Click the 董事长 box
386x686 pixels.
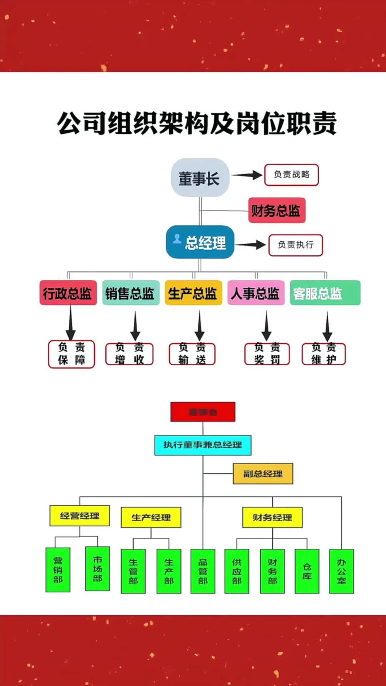[199, 178]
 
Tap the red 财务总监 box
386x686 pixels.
[277, 210]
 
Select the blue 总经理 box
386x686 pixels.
[200, 242]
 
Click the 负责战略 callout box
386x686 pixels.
[291, 175]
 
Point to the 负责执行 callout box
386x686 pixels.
[296, 245]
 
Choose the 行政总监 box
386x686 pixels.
[68, 293]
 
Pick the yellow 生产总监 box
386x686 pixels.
[193, 293]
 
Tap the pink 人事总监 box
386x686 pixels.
[256, 293]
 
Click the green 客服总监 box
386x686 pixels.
[325, 293]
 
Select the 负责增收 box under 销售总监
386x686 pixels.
[129, 354]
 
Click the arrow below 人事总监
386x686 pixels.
[266, 325]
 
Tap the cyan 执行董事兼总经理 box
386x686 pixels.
[203, 445]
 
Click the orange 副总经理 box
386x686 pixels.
[263, 474]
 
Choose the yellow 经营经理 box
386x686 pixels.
[79, 516]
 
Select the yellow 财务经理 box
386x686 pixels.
[272, 517]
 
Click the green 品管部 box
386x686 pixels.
[203, 571]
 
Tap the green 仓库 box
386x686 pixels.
[307, 571]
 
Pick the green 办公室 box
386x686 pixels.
[341, 571]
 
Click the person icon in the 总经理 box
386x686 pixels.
[177, 238]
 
